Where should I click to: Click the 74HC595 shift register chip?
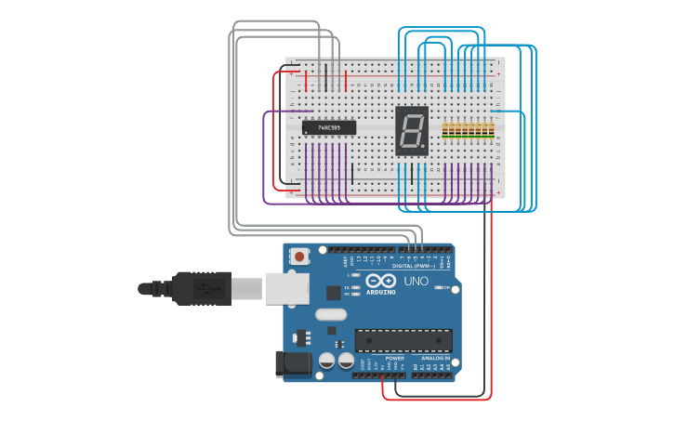pyautogui.click(x=329, y=127)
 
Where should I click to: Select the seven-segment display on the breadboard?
pyautogui.click(x=412, y=130)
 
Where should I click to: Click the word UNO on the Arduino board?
pyautogui.click(x=416, y=281)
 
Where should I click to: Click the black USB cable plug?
pyautogui.click(x=200, y=288)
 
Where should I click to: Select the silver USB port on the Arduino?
pyautogui.click(x=287, y=288)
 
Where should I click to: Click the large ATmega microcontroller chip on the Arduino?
pyautogui.click(x=403, y=340)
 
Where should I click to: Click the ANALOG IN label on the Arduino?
pyautogui.click(x=435, y=358)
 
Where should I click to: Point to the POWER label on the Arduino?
pyautogui.click(x=395, y=358)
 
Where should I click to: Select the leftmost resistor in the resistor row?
pyautogui.click(x=445, y=131)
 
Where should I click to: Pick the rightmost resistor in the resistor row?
pyautogui.click(x=491, y=131)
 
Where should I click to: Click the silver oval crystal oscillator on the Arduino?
pyautogui.click(x=331, y=314)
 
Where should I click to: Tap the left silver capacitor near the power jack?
pyautogui.click(x=327, y=360)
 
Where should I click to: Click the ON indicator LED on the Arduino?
pyautogui.click(x=438, y=288)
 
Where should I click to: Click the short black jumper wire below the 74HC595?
pyautogui.click(x=352, y=173)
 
